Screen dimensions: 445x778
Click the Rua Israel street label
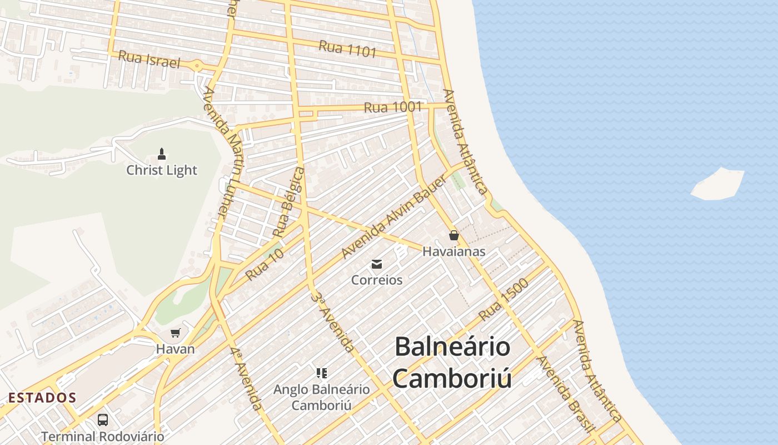(149, 60)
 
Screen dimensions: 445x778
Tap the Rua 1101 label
(348, 49)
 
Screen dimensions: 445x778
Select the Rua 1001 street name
(393, 107)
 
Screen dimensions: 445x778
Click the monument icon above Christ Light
(162, 154)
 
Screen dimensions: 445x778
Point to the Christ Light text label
(162, 170)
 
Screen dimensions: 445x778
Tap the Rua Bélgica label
(289, 201)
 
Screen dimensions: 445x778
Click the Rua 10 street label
(265, 264)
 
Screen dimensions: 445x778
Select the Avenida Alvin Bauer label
(394, 217)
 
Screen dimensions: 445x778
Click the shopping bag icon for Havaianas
(453, 235)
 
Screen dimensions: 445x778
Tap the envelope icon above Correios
(377, 264)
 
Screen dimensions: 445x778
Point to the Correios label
(377, 280)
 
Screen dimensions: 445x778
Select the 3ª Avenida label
(332, 323)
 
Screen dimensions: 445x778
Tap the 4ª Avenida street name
(246, 378)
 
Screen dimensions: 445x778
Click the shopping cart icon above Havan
(176, 333)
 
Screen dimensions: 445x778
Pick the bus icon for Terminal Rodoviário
(103, 420)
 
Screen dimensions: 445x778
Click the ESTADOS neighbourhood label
(42, 398)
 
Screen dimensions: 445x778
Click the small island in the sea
(717, 184)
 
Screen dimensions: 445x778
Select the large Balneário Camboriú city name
(452, 363)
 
